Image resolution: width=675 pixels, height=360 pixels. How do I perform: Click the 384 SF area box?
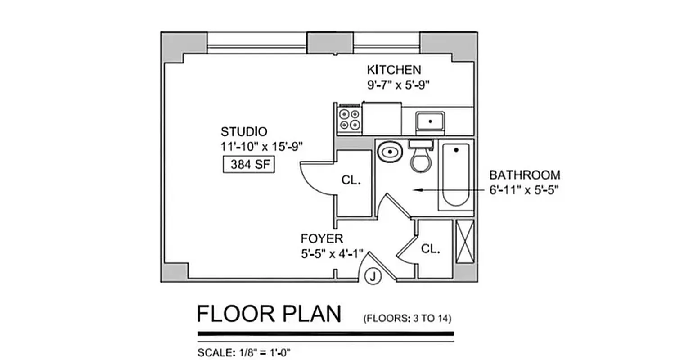pos(249,165)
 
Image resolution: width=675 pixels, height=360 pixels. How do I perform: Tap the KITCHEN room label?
pos(394,70)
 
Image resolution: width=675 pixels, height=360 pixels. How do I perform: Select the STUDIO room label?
pos(243,132)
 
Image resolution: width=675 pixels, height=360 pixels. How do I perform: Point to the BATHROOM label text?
pos(525,175)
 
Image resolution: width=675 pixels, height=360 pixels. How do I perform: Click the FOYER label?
pos(322,238)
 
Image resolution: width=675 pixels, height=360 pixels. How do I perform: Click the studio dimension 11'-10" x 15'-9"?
pos(262,146)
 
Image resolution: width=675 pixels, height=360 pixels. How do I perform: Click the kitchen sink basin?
pos(430,121)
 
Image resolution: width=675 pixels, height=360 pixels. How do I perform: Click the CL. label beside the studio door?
pos(351,181)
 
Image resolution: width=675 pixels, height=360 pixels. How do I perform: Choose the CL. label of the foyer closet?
pos(431,249)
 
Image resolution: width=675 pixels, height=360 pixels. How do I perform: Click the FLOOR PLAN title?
pos(269,314)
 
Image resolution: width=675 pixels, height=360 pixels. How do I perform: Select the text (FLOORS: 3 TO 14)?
pos(407,319)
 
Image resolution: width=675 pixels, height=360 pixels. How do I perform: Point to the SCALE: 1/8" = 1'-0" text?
pos(244,352)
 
